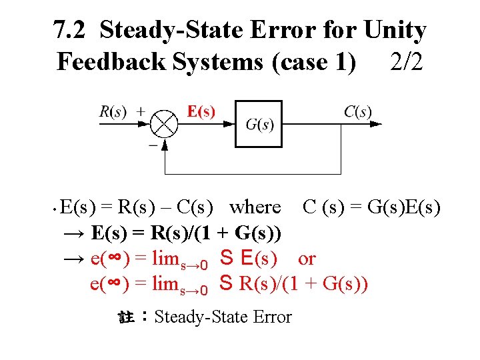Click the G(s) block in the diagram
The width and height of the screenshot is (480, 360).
pos(259,124)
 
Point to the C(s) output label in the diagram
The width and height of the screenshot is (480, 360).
pos(358,111)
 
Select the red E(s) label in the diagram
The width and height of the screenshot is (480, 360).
pos(201,111)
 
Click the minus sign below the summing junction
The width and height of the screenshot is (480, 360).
pos(153,143)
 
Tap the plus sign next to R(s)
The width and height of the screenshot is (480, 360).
pos(141,111)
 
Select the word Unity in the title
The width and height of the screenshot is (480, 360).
pos(395,30)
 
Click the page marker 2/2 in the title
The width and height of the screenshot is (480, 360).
pos(406,61)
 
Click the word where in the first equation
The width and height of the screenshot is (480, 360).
pos(255,207)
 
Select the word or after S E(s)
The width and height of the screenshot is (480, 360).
pos(307,258)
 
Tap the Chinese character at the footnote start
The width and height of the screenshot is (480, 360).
pos(127,317)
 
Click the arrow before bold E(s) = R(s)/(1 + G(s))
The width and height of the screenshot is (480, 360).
pos(73,233)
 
